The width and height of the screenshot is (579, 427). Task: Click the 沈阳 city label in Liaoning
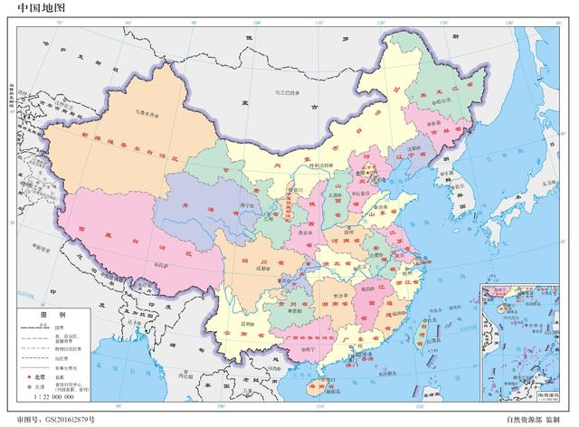412,148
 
